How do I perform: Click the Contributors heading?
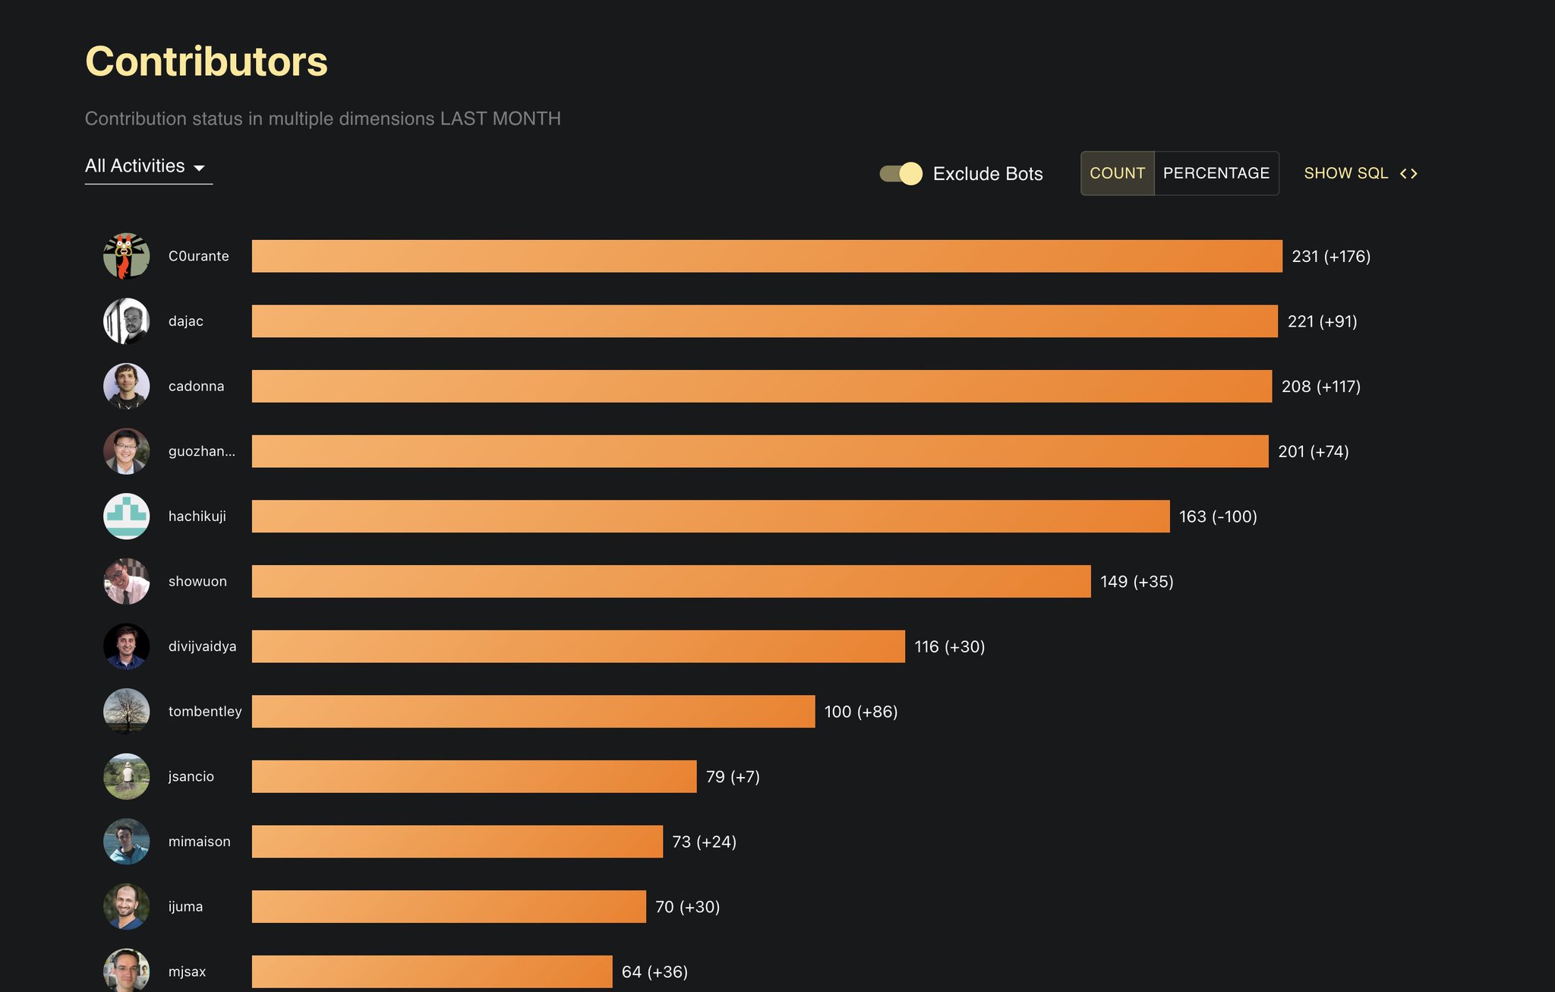coord(206,62)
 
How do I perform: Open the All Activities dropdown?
coord(148,166)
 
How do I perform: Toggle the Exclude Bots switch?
coord(901,174)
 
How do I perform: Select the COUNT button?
coord(1117,173)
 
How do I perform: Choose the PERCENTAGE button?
coord(1216,173)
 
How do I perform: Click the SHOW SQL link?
coord(1360,173)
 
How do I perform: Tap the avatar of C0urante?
coord(126,256)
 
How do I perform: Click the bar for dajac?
coord(764,321)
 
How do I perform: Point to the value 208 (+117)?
coord(1320,387)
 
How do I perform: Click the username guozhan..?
coord(201,451)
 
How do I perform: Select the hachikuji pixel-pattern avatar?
coord(126,517)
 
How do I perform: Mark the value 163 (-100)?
coord(1217,517)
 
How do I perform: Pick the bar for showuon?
coord(670,582)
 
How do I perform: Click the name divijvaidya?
coord(202,646)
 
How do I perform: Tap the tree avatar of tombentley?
coord(126,712)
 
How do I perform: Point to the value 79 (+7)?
coord(732,777)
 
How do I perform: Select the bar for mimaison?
coord(457,842)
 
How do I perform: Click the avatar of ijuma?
coord(126,907)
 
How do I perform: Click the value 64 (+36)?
coord(654,972)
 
